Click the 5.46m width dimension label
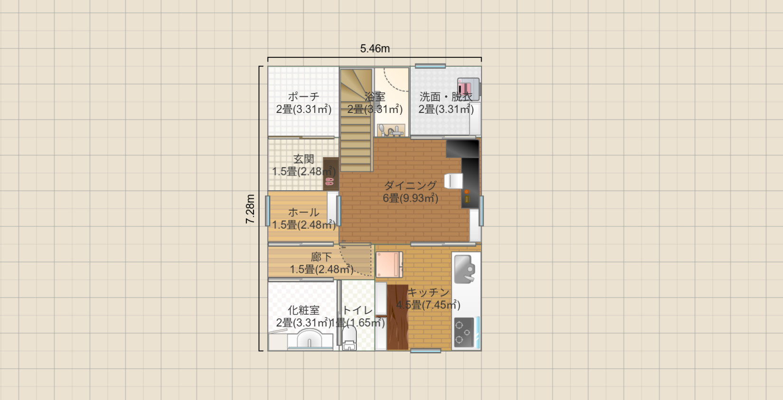pos(375,48)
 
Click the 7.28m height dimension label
pos(250,209)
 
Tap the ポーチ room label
pos(304,97)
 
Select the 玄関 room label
pos(304,159)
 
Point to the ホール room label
pos(304,212)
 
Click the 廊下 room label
pos(321,257)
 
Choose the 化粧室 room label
pos(304,310)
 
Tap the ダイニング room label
pos(410,186)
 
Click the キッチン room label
pos(429,292)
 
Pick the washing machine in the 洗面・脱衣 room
pos(467,88)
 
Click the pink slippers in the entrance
pos(329,181)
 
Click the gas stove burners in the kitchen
pos(463,332)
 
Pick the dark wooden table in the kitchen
pos(398,316)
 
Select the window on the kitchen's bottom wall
pos(426,351)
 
